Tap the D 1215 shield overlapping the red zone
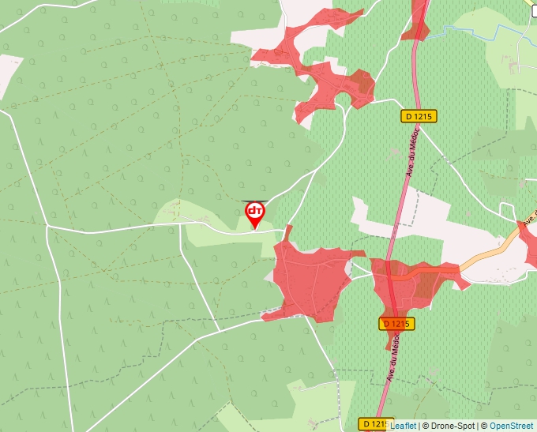(396, 324)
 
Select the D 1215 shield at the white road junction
(419, 116)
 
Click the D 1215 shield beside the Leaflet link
(374, 424)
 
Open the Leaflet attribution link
(404, 426)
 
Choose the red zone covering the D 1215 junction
(411, 284)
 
